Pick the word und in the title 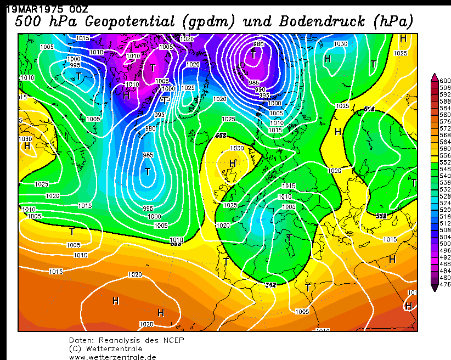[x=256, y=22]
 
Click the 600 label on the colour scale [x=445, y=81]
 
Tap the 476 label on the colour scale [x=445, y=284]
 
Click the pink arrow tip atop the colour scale [x=435, y=76]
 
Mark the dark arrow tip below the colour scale [x=435, y=289]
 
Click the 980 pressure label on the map [x=258, y=44]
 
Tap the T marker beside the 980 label [x=253, y=54]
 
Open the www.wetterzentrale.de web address [x=112, y=357]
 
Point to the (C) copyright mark [x=75, y=348]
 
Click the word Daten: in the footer [x=81, y=340]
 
